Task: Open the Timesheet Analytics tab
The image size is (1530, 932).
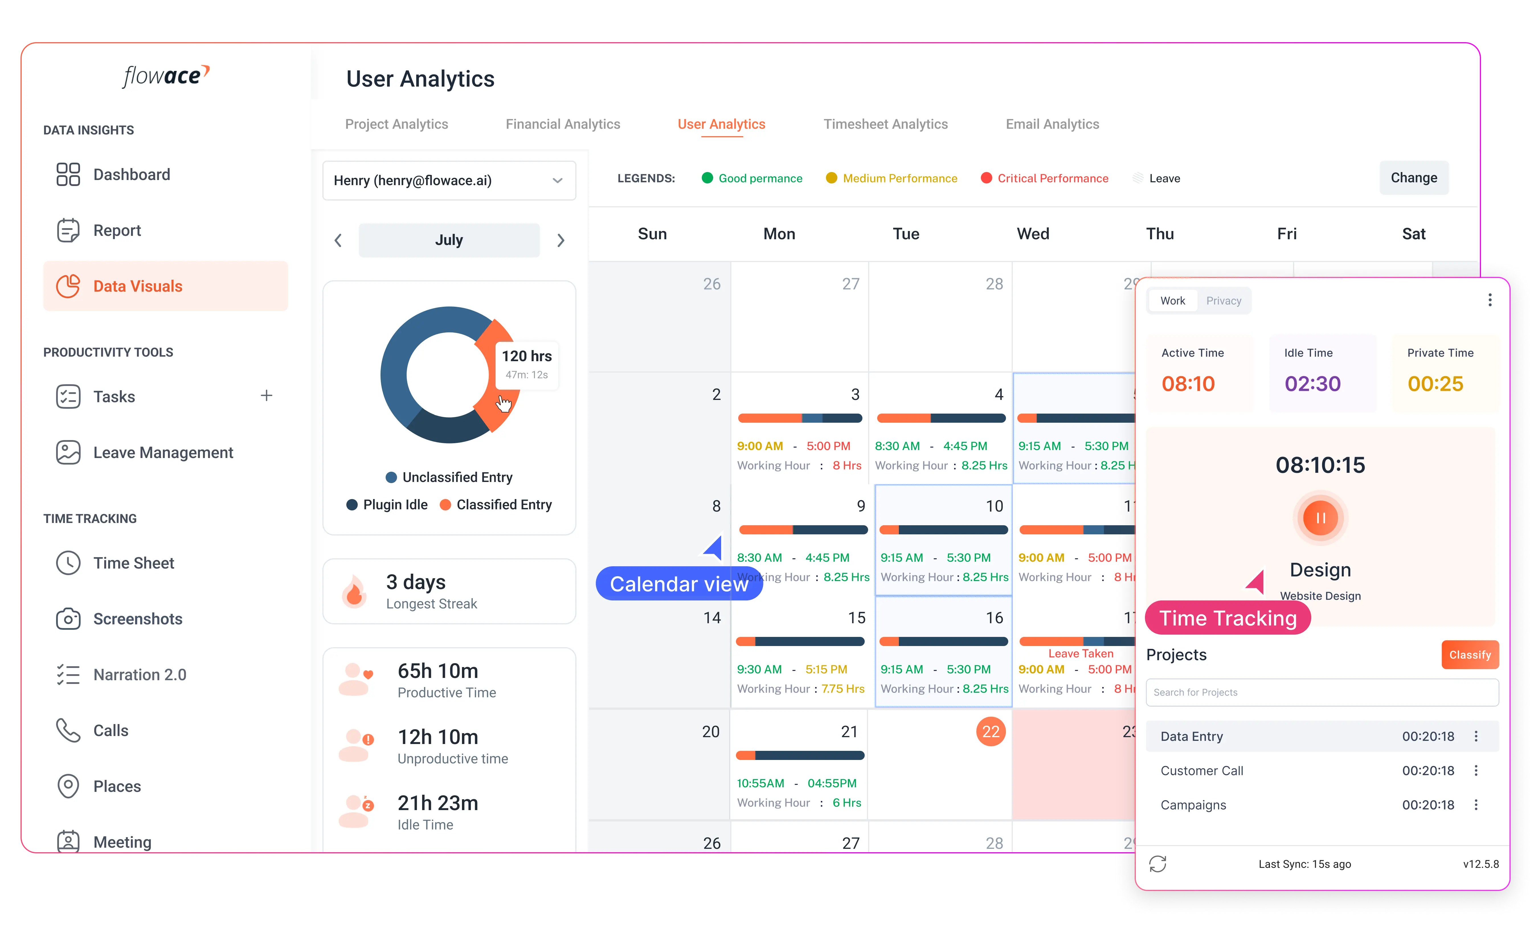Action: click(x=885, y=124)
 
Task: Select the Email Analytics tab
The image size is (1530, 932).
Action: click(x=1052, y=124)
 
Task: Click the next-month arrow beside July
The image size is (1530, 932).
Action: click(x=561, y=240)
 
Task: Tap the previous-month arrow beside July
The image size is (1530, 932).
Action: click(x=338, y=240)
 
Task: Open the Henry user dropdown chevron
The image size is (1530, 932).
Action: click(x=557, y=181)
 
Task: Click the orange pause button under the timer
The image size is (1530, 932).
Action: click(x=1320, y=518)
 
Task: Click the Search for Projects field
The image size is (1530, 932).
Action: click(x=1321, y=692)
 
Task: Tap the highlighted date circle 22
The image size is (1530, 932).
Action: click(x=990, y=731)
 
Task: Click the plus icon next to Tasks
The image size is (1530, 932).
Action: click(x=266, y=396)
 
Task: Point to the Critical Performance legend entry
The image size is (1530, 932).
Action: click(x=1052, y=178)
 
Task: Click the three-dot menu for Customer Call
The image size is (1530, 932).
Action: click(x=1476, y=770)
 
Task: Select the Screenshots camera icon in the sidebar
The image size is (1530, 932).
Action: click(x=68, y=619)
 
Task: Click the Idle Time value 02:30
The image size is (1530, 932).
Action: click(x=1312, y=384)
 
